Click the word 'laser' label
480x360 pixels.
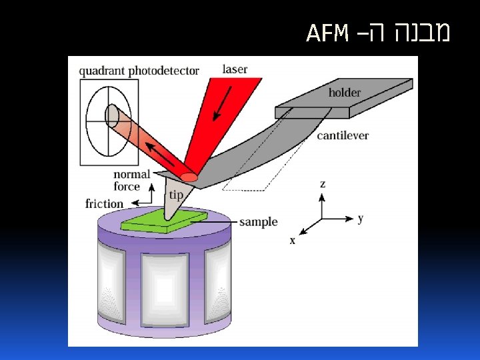tap(235, 69)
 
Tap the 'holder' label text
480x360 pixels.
tap(345, 93)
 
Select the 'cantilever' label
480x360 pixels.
tap(343, 135)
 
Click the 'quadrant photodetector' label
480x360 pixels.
tap(139, 70)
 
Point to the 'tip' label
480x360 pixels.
tap(175, 195)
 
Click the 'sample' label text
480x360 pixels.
tap(258, 221)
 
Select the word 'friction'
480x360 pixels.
tap(105, 203)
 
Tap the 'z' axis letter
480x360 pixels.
tap(323, 183)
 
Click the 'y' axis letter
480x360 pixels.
tap(360, 218)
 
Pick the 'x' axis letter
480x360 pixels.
tap(292, 240)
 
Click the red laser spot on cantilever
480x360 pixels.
tap(189, 177)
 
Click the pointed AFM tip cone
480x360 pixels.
tap(175, 200)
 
